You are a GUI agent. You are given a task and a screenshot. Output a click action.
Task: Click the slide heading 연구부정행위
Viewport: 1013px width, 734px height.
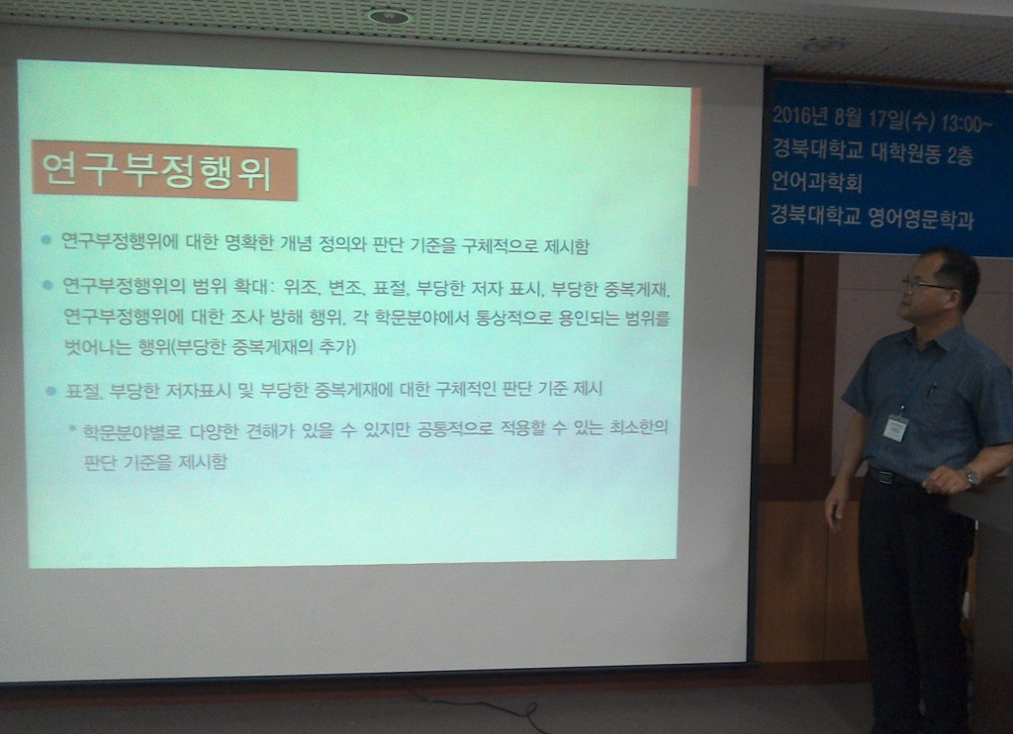[157, 170]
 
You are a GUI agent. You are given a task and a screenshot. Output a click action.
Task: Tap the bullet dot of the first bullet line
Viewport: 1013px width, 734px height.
[46, 241]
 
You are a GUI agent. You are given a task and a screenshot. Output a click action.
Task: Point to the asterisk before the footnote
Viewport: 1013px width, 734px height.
[72, 428]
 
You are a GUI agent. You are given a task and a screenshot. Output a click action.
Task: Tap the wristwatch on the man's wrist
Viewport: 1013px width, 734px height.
[971, 478]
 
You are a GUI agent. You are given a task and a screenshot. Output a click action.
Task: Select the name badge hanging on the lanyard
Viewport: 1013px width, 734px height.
[896, 427]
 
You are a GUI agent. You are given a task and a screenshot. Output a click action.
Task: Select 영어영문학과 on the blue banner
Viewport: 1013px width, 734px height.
[921, 218]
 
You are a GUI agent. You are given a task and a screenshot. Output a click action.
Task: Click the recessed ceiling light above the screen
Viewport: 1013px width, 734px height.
[388, 16]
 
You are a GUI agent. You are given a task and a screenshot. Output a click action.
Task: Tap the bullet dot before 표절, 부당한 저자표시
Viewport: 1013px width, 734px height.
[51, 391]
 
